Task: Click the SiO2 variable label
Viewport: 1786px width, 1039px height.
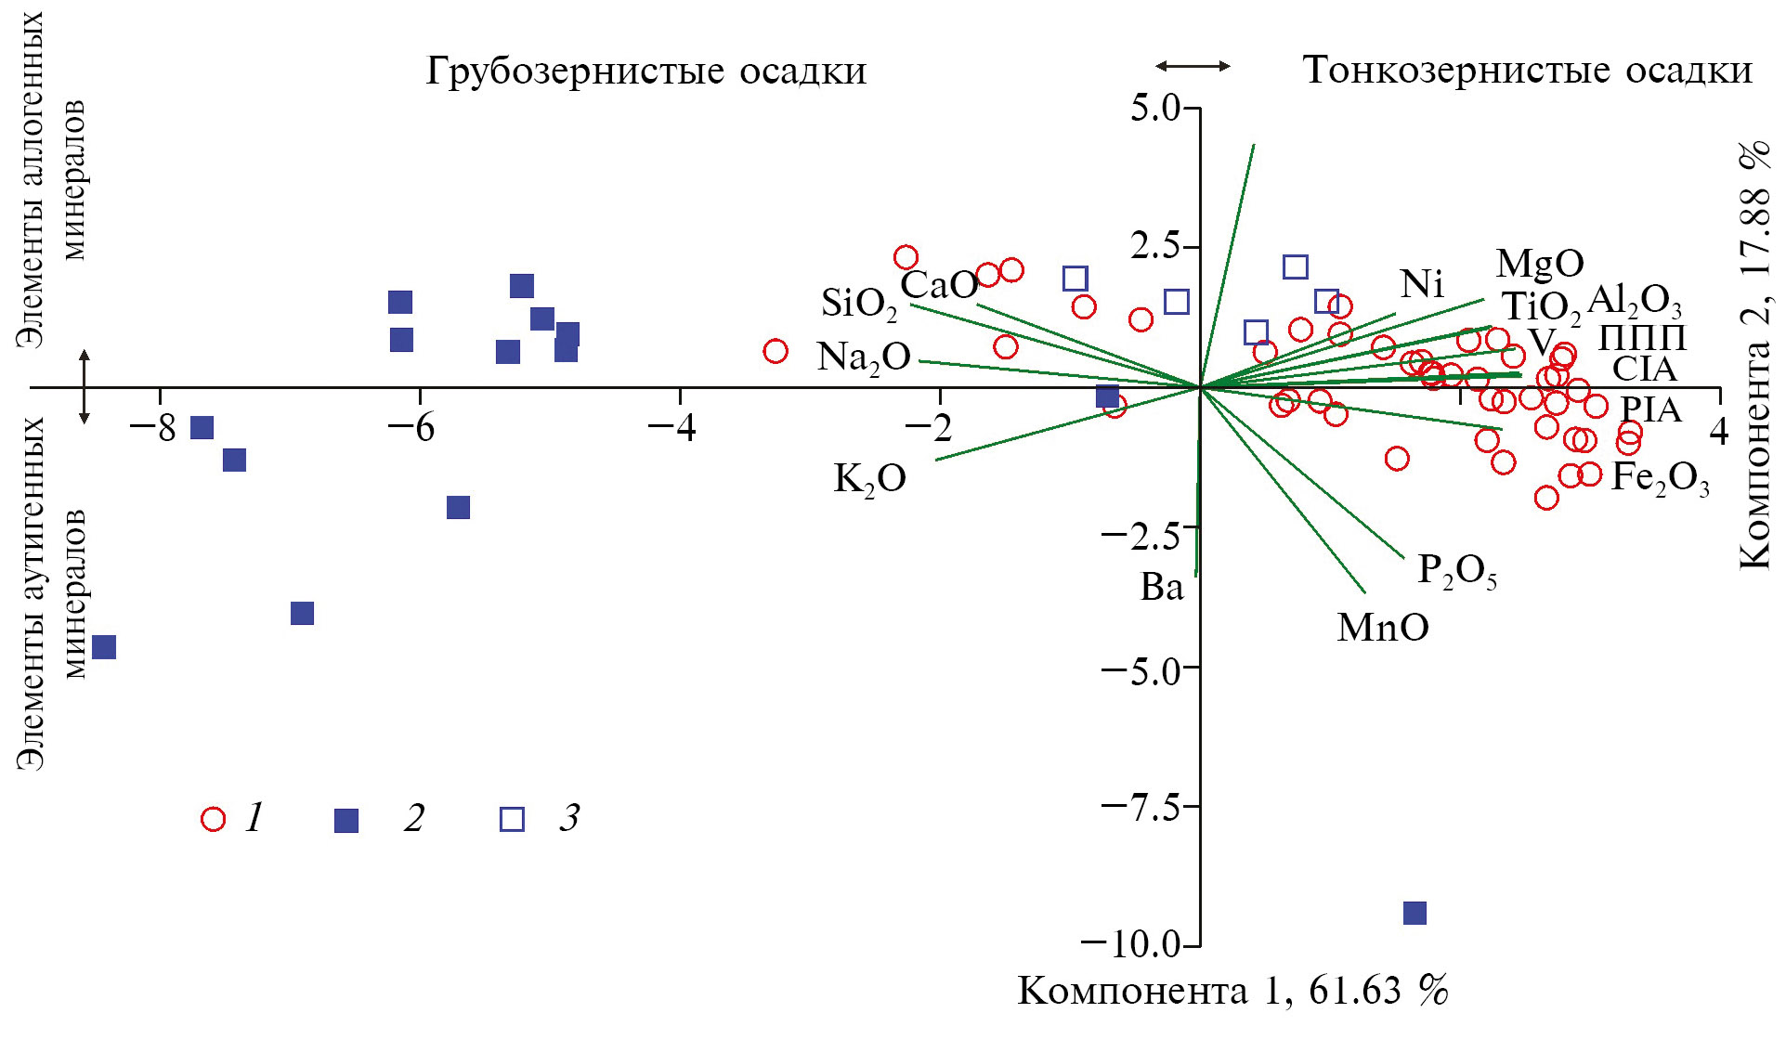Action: coord(858,304)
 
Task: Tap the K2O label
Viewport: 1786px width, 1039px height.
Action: coord(869,479)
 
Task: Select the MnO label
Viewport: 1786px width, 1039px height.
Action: coord(1382,629)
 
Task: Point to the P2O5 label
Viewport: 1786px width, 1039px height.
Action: coord(1456,571)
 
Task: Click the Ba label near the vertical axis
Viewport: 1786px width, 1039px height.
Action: coord(1162,587)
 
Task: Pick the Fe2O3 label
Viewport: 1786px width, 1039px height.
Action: coord(1659,478)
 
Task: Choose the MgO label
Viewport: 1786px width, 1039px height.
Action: coord(1539,264)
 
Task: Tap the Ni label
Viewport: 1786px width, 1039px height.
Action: coord(1421,284)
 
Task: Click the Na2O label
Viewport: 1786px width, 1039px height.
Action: coord(863,357)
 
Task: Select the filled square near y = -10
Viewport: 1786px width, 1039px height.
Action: coord(1414,913)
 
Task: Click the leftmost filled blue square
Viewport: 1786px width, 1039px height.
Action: coord(104,647)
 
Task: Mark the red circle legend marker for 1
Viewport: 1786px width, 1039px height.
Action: coord(213,819)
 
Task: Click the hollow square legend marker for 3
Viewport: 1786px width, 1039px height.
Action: coord(512,819)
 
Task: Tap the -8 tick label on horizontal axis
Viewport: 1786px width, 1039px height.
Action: coord(153,429)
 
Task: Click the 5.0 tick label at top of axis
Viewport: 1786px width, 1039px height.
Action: coord(1154,109)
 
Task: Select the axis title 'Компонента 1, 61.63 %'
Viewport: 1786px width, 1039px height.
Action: coord(1232,992)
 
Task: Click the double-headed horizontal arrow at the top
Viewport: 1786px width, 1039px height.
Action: coord(1193,66)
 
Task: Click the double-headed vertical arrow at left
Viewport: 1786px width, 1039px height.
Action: coord(85,387)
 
